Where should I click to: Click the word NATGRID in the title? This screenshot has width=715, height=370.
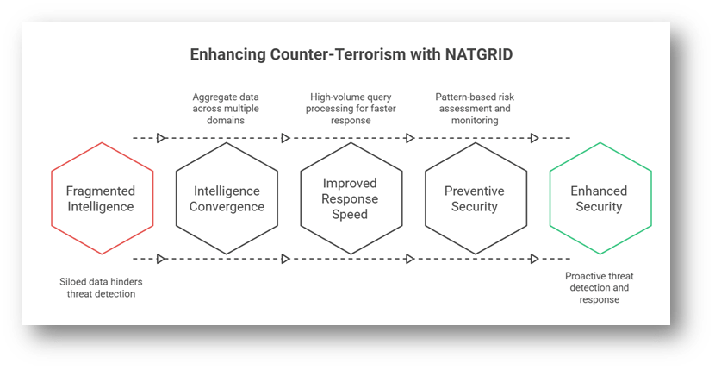click(479, 54)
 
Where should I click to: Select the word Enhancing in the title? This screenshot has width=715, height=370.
click(227, 55)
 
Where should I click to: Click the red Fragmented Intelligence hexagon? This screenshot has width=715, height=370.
click(103, 198)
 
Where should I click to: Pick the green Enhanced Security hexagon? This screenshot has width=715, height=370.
click(600, 198)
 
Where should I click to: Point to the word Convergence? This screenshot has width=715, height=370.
click(227, 206)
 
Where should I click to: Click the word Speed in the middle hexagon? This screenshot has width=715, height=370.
click(350, 215)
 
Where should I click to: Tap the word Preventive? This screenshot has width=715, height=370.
click(475, 191)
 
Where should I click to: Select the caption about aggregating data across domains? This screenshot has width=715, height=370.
click(226, 109)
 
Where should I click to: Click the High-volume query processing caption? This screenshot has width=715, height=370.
click(351, 109)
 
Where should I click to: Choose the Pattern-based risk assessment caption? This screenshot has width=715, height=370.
click(475, 109)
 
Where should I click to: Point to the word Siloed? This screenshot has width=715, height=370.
click(73, 282)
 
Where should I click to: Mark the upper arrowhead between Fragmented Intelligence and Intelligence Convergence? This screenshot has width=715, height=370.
click(161, 138)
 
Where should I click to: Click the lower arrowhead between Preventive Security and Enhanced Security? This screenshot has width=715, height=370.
click(534, 259)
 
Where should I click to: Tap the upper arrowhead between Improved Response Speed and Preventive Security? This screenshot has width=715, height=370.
click(410, 138)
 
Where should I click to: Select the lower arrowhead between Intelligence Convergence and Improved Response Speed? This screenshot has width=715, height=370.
click(285, 259)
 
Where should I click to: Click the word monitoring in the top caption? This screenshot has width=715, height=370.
click(475, 121)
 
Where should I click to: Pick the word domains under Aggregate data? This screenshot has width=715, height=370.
click(226, 121)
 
